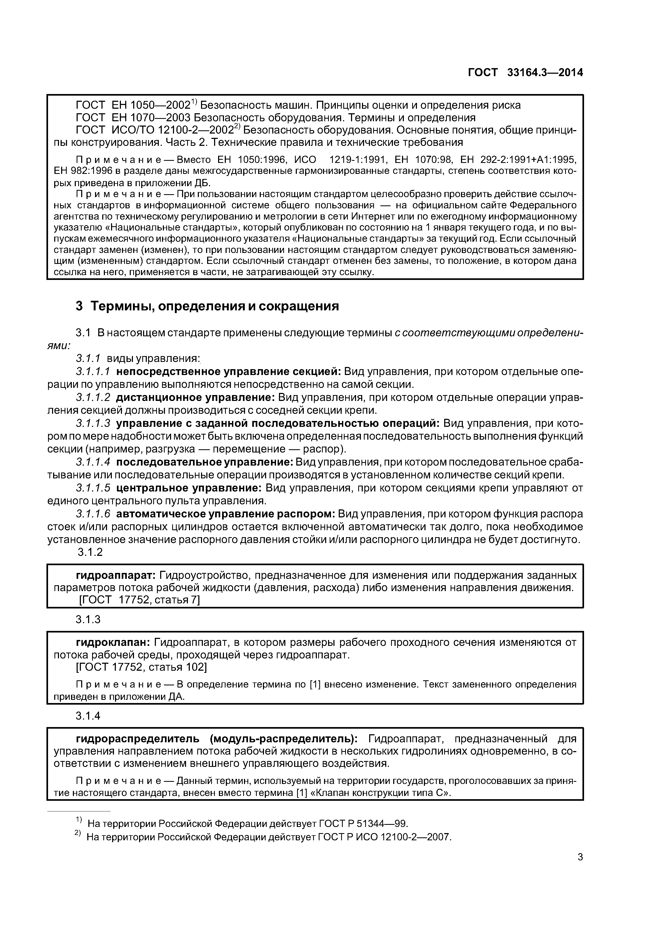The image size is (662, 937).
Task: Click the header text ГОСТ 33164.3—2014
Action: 525,73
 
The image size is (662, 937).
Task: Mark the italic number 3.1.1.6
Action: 93,514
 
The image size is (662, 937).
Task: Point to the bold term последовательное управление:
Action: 205,462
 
